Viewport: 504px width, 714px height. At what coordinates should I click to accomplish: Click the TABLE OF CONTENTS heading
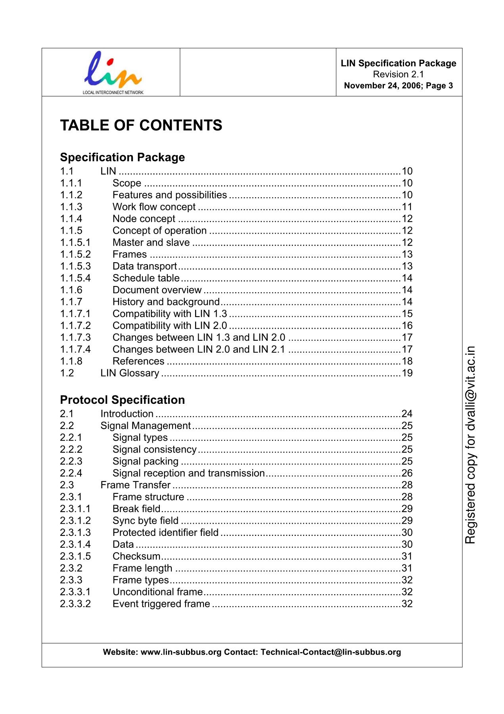[x=141, y=125]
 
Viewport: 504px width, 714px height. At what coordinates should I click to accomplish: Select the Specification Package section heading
[x=122, y=157]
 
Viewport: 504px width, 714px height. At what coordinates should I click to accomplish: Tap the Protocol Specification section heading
[x=122, y=400]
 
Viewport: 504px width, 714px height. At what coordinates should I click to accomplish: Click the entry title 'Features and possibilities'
[x=170, y=195]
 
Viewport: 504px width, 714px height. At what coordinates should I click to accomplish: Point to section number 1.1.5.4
[x=75, y=278]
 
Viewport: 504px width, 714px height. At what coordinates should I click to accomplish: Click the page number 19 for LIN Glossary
[x=407, y=373]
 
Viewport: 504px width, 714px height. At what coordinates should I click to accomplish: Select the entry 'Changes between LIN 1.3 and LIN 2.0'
[x=199, y=338]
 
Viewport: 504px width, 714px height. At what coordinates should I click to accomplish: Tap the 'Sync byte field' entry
[x=146, y=520]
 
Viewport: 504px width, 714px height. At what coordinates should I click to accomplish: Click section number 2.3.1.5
[x=75, y=556]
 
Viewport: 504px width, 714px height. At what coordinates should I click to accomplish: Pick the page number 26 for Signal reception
[x=407, y=473]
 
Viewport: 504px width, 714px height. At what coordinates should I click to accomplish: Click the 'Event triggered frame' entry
[x=161, y=604]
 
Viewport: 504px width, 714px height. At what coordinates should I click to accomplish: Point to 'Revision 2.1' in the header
[x=398, y=74]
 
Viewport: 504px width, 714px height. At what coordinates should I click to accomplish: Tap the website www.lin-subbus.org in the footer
[x=181, y=652]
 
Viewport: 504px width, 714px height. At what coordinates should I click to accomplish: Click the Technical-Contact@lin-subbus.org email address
[x=331, y=652]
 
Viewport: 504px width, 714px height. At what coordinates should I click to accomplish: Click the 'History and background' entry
[x=166, y=302]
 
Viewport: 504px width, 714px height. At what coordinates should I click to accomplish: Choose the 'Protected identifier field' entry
[x=165, y=532]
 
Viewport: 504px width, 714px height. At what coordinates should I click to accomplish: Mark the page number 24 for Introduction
[x=407, y=414]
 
